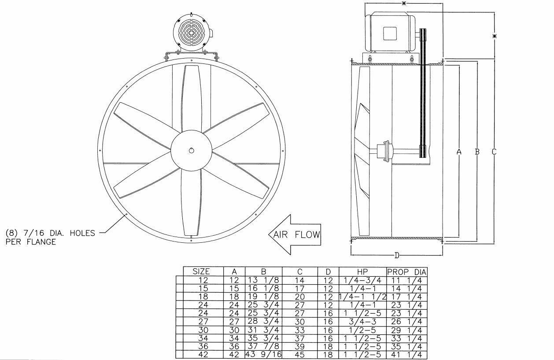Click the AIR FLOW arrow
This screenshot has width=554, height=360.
(x=295, y=234)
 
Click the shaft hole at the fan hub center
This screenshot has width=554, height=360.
(x=192, y=150)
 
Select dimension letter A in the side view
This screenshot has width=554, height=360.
(x=459, y=152)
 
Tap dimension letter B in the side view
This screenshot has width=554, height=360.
(x=477, y=152)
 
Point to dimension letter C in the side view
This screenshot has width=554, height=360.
(x=494, y=152)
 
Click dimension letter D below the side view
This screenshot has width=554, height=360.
(x=397, y=255)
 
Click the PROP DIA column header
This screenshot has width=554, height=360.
(x=407, y=272)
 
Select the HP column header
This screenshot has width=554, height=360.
(x=362, y=272)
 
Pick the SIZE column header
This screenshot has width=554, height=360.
(x=201, y=272)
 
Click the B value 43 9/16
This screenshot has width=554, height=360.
(x=264, y=354)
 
